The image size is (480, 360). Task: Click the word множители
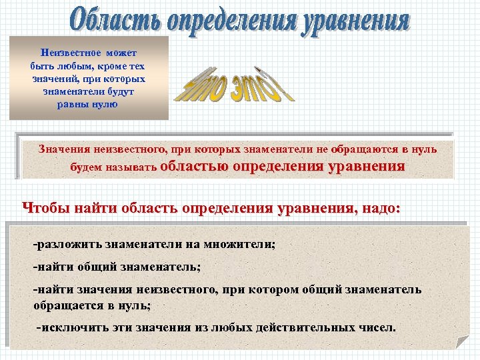(x=241, y=244)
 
